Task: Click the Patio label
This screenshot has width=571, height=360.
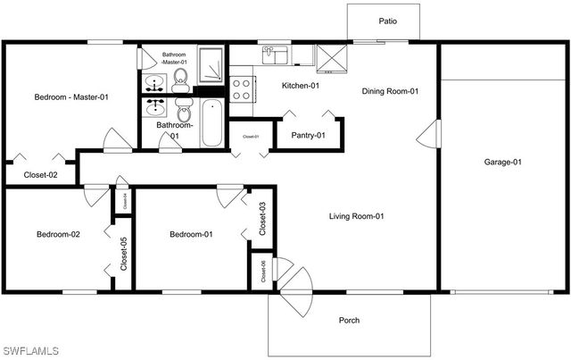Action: pyautogui.click(x=387, y=21)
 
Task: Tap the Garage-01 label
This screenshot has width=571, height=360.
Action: pyautogui.click(x=502, y=162)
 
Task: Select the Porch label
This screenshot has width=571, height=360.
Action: pyautogui.click(x=349, y=321)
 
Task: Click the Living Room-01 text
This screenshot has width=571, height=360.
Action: pyautogui.click(x=356, y=216)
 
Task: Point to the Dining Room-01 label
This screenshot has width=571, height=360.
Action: pyautogui.click(x=390, y=91)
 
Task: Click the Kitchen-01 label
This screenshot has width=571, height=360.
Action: pyautogui.click(x=301, y=86)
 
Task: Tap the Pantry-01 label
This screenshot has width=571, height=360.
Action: pyautogui.click(x=308, y=135)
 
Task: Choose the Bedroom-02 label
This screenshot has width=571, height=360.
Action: pyautogui.click(x=58, y=234)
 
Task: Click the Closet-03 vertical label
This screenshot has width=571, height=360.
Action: pyautogui.click(x=263, y=219)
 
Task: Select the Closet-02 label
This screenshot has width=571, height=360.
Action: pyautogui.click(x=40, y=175)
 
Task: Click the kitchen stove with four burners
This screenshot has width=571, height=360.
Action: pyautogui.click(x=241, y=88)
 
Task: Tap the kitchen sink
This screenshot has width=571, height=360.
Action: pyautogui.click(x=275, y=56)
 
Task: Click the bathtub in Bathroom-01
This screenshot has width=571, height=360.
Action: pyautogui.click(x=211, y=124)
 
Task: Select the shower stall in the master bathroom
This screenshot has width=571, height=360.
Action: pyautogui.click(x=211, y=64)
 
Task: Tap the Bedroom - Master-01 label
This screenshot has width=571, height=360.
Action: pyautogui.click(x=71, y=96)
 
